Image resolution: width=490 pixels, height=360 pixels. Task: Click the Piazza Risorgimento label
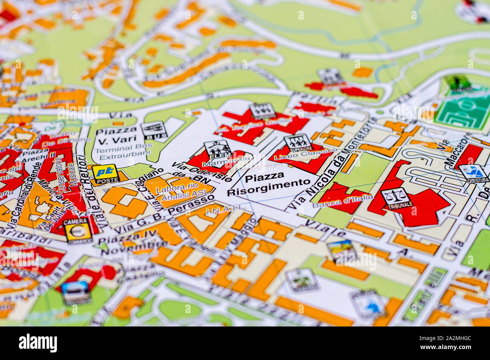268,184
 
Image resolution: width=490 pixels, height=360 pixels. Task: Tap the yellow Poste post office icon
106,174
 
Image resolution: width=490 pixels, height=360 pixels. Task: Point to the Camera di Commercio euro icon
78,230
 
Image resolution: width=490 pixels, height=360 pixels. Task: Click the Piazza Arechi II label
38,154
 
